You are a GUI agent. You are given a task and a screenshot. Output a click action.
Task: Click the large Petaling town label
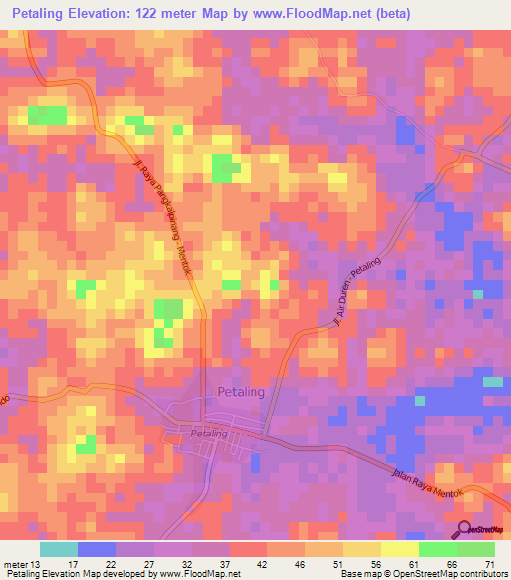pyautogui.click(x=242, y=392)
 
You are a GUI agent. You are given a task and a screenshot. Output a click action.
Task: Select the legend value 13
pyautogui.click(x=37, y=564)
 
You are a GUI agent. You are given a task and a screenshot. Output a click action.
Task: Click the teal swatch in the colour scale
pyautogui.click(x=59, y=549)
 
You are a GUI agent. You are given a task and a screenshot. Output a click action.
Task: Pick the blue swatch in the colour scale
pyautogui.click(x=97, y=549)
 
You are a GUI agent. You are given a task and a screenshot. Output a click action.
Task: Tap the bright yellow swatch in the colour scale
pyautogui.click(x=400, y=549)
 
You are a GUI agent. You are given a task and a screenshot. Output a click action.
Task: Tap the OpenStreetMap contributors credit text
pyautogui.click(x=446, y=574)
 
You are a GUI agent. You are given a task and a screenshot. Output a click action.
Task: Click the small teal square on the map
pyautogui.click(x=493, y=382)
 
